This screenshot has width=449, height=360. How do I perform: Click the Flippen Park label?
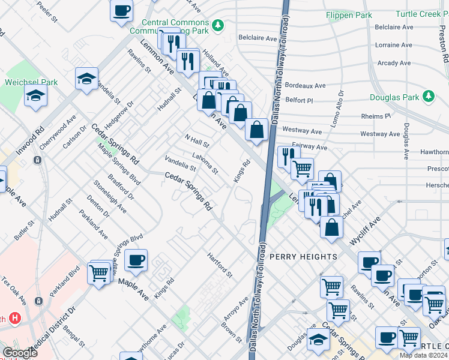[349, 14]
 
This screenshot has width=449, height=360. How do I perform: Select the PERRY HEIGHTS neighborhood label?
[303, 257]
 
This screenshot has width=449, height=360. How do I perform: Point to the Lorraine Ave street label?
[394, 45]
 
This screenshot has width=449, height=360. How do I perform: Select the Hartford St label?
[220, 265]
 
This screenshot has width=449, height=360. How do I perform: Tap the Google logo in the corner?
[20, 353]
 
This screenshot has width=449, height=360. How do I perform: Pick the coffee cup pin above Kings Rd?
[136, 260]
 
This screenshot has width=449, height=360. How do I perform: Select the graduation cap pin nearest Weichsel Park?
[35, 95]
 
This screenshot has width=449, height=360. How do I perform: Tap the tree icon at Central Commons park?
[219, 25]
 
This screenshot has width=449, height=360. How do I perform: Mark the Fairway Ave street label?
[309, 146]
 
